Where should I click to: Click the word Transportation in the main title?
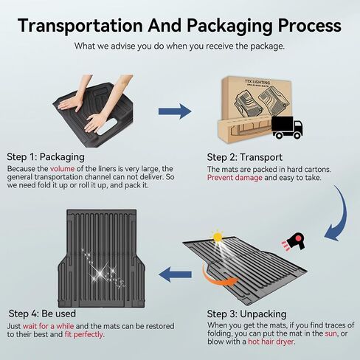point(80,25)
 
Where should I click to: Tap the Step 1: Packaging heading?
point(46,157)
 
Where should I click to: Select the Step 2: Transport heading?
point(245,157)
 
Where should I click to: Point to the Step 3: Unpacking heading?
point(246,314)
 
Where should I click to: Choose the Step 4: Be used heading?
point(42,314)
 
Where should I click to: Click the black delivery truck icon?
point(287,128)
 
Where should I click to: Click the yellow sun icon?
point(218,238)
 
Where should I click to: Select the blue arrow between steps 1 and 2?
point(175,111)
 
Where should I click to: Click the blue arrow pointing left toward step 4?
point(175,274)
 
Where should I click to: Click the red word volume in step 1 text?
point(62,169)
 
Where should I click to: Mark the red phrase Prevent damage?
point(235,178)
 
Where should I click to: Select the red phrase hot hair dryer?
point(271,342)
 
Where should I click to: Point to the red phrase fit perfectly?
point(84,334)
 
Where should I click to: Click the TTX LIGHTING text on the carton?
point(257,82)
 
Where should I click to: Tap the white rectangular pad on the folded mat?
point(107,126)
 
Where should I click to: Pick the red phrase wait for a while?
point(48,326)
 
